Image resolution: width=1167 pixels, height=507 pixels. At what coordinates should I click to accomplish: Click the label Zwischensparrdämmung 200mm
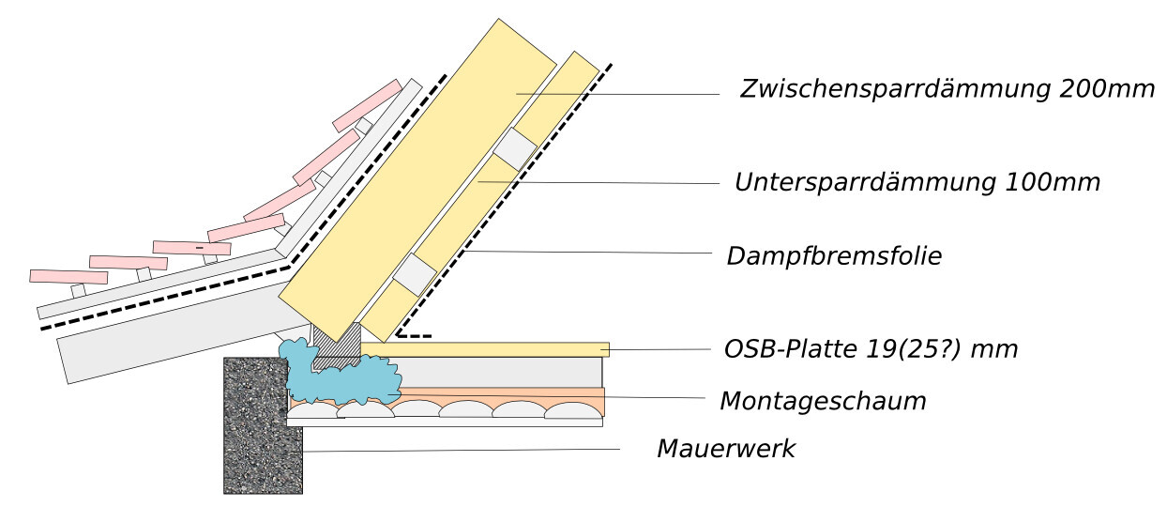click(x=947, y=90)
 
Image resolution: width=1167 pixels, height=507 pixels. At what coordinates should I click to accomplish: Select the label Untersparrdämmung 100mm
click(x=917, y=182)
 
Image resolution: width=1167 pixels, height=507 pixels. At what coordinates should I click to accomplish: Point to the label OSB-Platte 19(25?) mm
click(x=871, y=349)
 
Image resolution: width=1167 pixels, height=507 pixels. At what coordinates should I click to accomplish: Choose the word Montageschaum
click(x=823, y=402)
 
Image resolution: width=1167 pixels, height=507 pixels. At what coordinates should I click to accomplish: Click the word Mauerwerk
click(x=725, y=449)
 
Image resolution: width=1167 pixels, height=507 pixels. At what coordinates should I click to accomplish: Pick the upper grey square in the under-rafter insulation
click(x=514, y=147)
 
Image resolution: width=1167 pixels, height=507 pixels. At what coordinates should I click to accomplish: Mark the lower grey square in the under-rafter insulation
click(x=414, y=274)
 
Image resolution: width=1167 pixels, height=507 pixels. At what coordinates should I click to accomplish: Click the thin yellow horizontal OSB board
click(x=488, y=349)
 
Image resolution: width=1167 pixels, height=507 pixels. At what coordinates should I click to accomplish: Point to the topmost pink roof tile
click(x=367, y=105)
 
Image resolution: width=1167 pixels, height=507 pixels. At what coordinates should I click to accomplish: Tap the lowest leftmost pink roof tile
click(x=68, y=277)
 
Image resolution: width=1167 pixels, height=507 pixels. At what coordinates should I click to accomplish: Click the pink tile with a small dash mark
click(x=191, y=248)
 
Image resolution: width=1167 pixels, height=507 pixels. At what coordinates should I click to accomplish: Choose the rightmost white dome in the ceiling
click(x=570, y=410)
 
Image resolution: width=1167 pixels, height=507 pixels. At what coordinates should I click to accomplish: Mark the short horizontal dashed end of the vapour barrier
click(x=414, y=334)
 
